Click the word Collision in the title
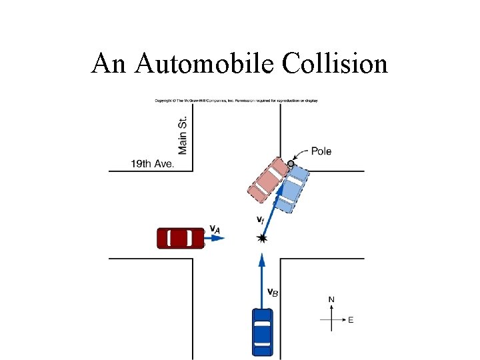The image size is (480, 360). pyautogui.click(x=335, y=63)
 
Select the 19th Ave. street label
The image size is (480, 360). pyautogui.click(x=152, y=163)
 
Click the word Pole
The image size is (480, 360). pyautogui.click(x=321, y=151)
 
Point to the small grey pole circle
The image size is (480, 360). pyautogui.click(x=291, y=163)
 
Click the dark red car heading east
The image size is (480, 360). pyautogui.click(x=180, y=238)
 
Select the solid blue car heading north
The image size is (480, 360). pyautogui.click(x=263, y=331)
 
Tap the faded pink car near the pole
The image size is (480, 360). pyautogui.click(x=267, y=179)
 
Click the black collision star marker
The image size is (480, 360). pyautogui.click(x=262, y=238)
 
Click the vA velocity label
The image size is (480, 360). pyautogui.click(x=215, y=229)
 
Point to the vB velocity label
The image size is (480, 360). pyautogui.click(x=273, y=291)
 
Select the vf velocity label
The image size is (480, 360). pyautogui.click(x=261, y=219)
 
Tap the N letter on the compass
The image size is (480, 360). pyautogui.click(x=331, y=300)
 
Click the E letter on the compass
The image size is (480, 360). pyautogui.click(x=351, y=320)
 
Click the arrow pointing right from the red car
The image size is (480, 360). pyautogui.click(x=215, y=238)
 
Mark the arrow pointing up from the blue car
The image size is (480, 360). pyautogui.click(x=262, y=280)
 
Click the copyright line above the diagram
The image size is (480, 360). pyautogui.click(x=237, y=101)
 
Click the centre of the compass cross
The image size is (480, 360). pyautogui.click(x=331, y=320)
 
